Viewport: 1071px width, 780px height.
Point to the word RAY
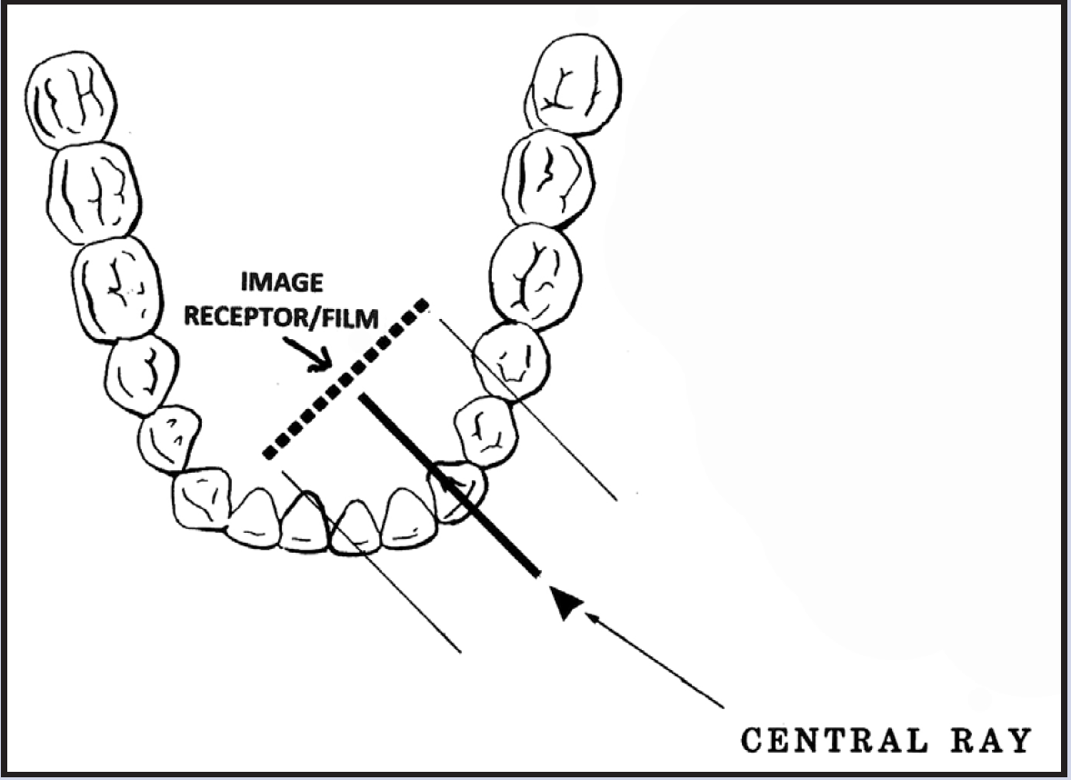(996, 741)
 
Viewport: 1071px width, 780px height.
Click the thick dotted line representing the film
(345, 377)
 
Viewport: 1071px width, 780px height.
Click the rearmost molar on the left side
(74, 96)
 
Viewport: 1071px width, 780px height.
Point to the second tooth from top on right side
(547, 178)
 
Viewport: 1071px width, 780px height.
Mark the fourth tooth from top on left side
(141, 375)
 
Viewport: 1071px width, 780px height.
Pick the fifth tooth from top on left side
(169, 438)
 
